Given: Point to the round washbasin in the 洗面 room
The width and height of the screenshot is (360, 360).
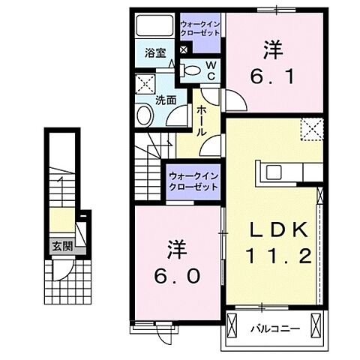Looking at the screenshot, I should [x=145, y=115].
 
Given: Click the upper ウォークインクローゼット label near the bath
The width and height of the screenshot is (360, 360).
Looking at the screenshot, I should [x=200, y=29].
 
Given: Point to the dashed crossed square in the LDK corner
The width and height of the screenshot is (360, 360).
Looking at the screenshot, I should [x=311, y=129].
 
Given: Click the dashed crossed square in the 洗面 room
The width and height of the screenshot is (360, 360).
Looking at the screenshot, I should [x=145, y=83].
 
